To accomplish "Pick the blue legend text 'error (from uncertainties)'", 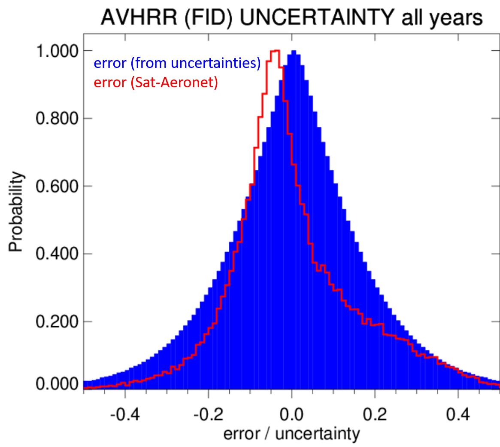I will click(177, 64).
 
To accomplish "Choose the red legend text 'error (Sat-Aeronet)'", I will click(155, 82).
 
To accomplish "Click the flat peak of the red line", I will click(275, 51).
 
